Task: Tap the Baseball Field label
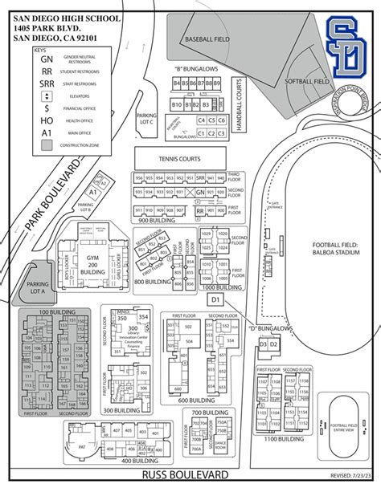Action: pos(206,37)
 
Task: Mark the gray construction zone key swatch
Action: pos(48,145)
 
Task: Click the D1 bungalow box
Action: pos(215,299)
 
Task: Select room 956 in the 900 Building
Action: pos(139,201)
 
